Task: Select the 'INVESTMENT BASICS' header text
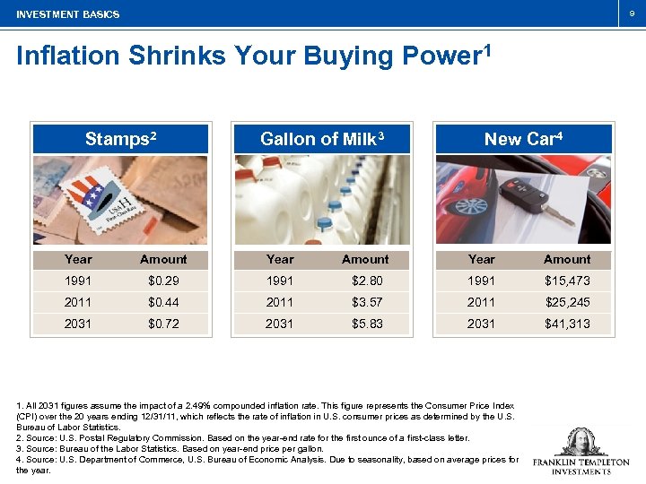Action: pos(67,14)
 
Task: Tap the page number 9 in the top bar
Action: pos(630,13)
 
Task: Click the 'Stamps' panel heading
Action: pos(120,139)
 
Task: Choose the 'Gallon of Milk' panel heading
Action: pos(322,139)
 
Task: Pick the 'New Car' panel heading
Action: pos(523,139)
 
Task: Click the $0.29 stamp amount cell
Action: pos(163,281)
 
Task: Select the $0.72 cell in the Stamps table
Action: pos(163,324)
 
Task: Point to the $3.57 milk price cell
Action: pos(365,302)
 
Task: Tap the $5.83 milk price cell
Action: pos(365,324)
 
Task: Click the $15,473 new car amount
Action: pos(567,281)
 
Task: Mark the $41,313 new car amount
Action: pos(567,324)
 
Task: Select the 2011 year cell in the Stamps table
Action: pos(78,302)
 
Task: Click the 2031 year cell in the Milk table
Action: pos(279,324)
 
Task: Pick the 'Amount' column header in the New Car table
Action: pos(567,259)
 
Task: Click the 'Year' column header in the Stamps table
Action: pos(78,259)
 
